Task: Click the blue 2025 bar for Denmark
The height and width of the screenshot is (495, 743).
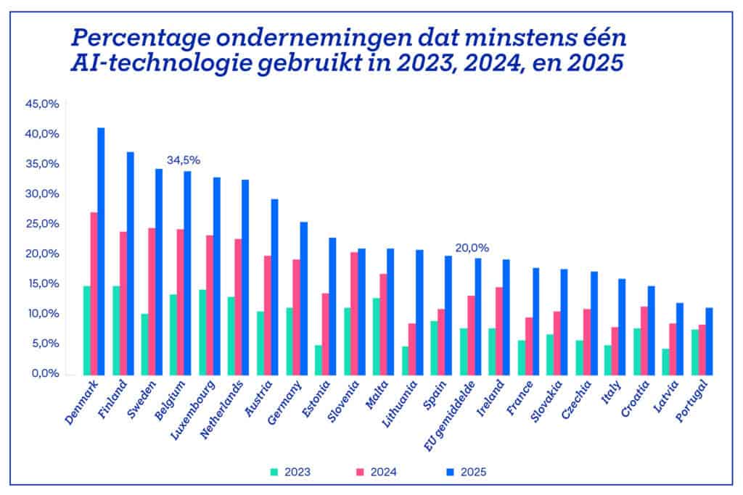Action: tap(101, 251)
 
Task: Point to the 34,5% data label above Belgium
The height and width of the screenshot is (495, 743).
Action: tap(184, 160)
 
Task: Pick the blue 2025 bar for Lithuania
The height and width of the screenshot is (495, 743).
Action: tap(419, 312)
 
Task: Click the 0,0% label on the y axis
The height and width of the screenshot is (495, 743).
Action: tap(44, 373)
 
